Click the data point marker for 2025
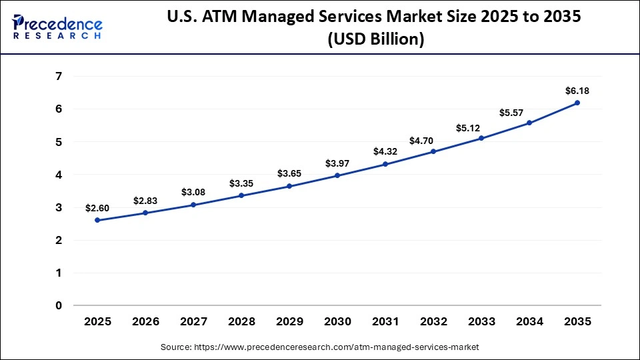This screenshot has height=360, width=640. click(97, 220)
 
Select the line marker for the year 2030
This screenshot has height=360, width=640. click(337, 175)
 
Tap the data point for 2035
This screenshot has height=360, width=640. click(577, 103)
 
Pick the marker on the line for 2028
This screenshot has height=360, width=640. click(241, 195)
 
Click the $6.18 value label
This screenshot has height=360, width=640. click(577, 91)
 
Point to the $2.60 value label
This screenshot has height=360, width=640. click(97, 208)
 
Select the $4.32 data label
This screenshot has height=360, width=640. click(385, 151)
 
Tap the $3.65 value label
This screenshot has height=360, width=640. click(289, 173)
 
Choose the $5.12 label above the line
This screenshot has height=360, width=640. click(481, 127)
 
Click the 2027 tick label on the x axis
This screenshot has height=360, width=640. click(193, 322)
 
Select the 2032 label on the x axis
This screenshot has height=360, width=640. click(433, 322)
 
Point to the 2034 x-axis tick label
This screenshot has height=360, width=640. click(529, 322)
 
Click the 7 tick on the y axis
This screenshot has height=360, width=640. click(59, 77)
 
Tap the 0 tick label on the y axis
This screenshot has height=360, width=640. click(59, 306)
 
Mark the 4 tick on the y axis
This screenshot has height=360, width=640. click(59, 175)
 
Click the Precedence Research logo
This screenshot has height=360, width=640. click(57, 27)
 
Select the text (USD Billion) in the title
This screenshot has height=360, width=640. click(375, 40)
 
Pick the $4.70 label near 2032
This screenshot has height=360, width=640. click(433, 140)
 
